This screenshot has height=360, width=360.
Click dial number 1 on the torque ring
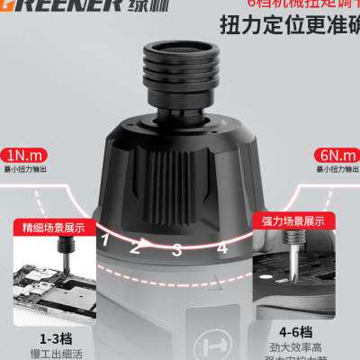coord(105,238)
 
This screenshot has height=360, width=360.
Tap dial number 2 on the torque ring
coord(136,245)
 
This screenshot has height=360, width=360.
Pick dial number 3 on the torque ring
coord(177,249)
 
